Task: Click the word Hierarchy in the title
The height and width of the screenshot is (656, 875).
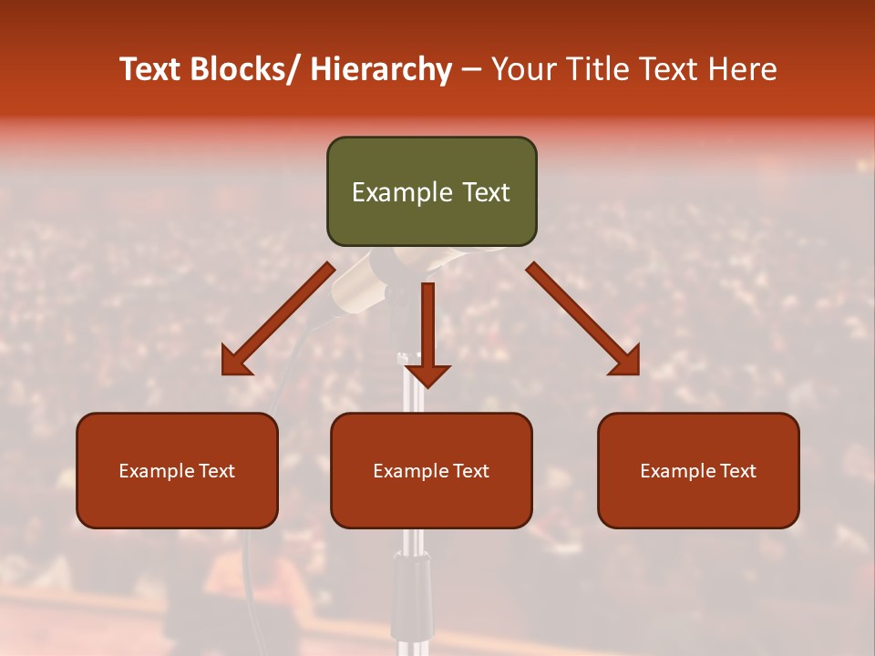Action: point(381,69)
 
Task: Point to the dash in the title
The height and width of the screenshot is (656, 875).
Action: point(471,71)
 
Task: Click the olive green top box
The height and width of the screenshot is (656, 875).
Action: point(431,191)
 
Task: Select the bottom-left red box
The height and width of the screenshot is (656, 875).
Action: point(177,470)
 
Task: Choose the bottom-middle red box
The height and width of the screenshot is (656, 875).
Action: point(431,470)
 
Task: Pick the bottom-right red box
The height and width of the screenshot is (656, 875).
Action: point(698,470)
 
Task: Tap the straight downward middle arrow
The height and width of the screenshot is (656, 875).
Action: point(427,333)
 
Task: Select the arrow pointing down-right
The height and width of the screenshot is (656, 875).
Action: point(583,320)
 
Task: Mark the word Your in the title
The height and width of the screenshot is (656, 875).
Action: point(524,69)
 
